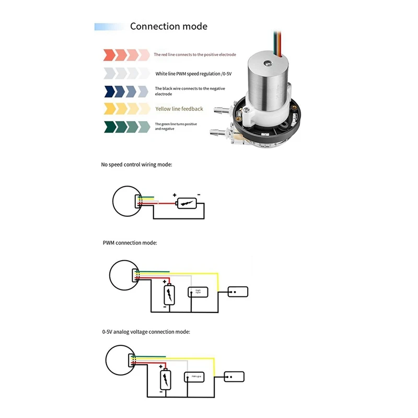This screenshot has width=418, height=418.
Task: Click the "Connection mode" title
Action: coord(168,27)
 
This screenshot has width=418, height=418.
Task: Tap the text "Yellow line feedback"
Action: coord(179,109)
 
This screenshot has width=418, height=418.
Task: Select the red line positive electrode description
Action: coord(194,54)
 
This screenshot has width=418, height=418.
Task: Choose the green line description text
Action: coord(176,126)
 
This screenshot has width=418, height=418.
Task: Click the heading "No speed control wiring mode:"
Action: coord(136,165)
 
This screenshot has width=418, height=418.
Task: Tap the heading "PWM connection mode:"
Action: coord(130,243)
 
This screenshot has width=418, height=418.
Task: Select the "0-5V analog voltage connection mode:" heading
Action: coord(146,331)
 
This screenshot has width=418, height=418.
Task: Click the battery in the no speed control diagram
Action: coord(187,204)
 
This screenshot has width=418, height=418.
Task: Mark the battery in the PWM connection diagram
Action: coord(169,295)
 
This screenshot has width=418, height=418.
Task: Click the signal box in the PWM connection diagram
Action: coord(199,292)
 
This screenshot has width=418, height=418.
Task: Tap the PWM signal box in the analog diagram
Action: coord(195,376)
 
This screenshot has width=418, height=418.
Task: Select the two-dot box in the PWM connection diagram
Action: coord(238,292)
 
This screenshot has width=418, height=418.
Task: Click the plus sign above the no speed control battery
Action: coord(175,195)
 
